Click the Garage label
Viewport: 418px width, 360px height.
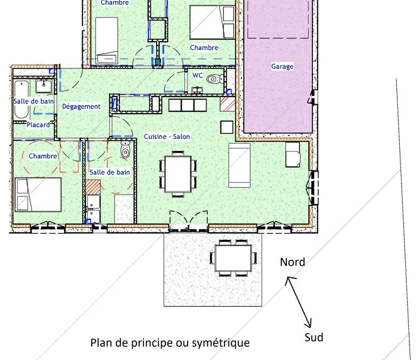pyautogui.click(x=282, y=66)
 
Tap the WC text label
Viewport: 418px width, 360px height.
pyautogui.click(x=197, y=76)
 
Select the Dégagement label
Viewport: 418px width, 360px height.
pyautogui.click(x=81, y=107)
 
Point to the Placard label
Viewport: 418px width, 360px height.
pyautogui.click(x=38, y=125)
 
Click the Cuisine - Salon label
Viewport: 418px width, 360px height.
pyautogui.click(x=167, y=137)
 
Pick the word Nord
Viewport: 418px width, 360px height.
pyautogui.click(x=292, y=262)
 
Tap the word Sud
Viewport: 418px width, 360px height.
pyautogui.click(x=313, y=337)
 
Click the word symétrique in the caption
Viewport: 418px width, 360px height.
pyautogui.click(x=221, y=343)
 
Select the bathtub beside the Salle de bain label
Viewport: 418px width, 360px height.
pyautogui.click(x=21, y=99)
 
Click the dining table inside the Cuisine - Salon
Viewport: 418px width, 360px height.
pyautogui.click(x=178, y=174)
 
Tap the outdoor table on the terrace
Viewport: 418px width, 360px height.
pyautogui.click(x=234, y=258)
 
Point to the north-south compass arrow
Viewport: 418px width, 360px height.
pyautogui.click(x=299, y=302)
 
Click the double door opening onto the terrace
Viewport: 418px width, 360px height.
pyautogui.click(x=189, y=221)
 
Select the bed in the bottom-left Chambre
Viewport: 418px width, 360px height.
pyautogui.click(x=38, y=195)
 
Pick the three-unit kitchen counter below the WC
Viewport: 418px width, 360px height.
pyautogui.click(x=188, y=105)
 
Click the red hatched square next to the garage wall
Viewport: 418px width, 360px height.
pyautogui.click(x=227, y=103)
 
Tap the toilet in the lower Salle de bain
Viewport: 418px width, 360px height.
pyautogui.click(x=125, y=149)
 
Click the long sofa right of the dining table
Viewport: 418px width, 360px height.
pyautogui.click(x=239, y=165)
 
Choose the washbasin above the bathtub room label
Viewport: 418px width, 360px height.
pyautogui.click(x=44, y=86)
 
